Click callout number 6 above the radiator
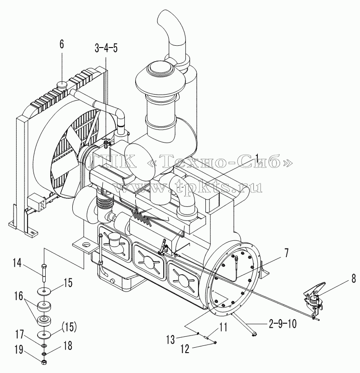(62, 44)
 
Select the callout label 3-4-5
(106, 48)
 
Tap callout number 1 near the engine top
(256, 158)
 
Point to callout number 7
(286, 253)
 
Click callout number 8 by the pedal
(353, 278)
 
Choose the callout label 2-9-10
(283, 324)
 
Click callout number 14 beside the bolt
(17, 263)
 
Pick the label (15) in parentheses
(69, 328)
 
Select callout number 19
(19, 349)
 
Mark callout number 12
(185, 349)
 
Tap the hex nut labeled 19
(44, 362)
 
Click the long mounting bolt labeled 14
(44, 273)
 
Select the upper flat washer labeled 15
(44, 291)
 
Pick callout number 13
(171, 340)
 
